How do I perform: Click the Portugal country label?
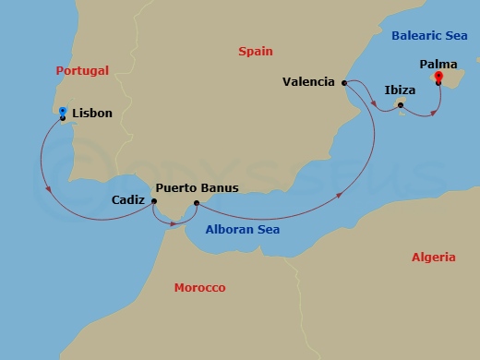pyautogui.click(x=81, y=70)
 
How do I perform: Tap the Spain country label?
pyautogui.click(x=256, y=53)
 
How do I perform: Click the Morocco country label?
pyautogui.click(x=199, y=288)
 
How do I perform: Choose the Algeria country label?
pyautogui.click(x=433, y=258)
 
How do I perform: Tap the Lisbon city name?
pyautogui.click(x=91, y=114)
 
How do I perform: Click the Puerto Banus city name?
pyautogui.click(x=197, y=187)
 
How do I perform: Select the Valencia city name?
pyautogui.click(x=308, y=82)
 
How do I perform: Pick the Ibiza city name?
pyautogui.click(x=400, y=90)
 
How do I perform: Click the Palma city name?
pyautogui.click(x=438, y=65)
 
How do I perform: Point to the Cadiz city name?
pyautogui.click(x=126, y=198)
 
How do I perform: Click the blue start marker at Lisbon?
pyautogui.click(x=62, y=112)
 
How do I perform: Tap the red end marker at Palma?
pyautogui.click(x=438, y=77)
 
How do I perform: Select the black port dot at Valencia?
pyautogui.click(x=344, y=83)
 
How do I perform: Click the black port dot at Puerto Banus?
pyautogui.click(x=196, y=203)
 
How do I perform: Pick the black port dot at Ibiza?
pyautogui.click(x=401, y=105)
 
